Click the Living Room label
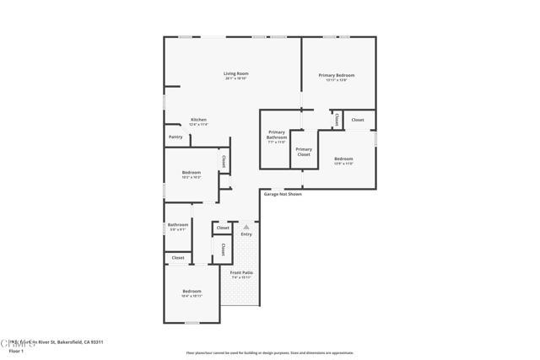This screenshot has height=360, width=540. coord(235,74)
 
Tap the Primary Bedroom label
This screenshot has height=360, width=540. coord(336,76)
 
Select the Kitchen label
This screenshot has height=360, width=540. coord(198,120)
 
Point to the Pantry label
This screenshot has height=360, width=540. coord(175,137)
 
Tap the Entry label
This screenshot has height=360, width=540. coord(246,234)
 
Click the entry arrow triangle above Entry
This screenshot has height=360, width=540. coord(246,226)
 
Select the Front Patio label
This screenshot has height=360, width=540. coord(242,273)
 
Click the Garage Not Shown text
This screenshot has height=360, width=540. coord(283,194)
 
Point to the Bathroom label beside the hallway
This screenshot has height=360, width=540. coord(177,224)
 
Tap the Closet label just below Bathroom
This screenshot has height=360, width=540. coord(178,257)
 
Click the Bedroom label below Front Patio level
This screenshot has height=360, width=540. coord(192,292)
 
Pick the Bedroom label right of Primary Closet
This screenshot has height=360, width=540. coord(343,159)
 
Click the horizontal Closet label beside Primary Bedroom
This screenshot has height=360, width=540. coord(358,120)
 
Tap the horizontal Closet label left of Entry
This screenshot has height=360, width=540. coord(223,228)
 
